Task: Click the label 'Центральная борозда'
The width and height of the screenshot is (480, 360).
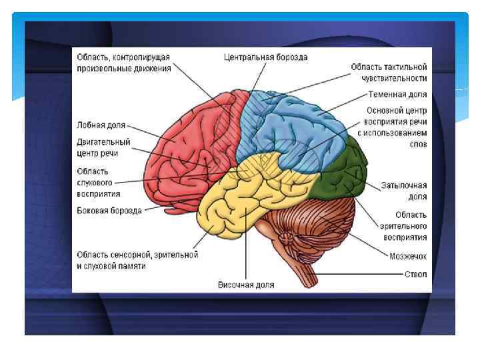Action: (265, 57)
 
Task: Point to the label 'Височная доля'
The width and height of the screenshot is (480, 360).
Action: (246, 285)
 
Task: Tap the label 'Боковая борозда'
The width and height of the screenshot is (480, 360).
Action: (109, 211)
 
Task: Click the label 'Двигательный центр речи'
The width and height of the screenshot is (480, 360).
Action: (103, 148)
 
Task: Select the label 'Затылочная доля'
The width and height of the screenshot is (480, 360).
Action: (403, 191)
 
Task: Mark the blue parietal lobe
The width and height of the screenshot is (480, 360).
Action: (300, 127)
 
